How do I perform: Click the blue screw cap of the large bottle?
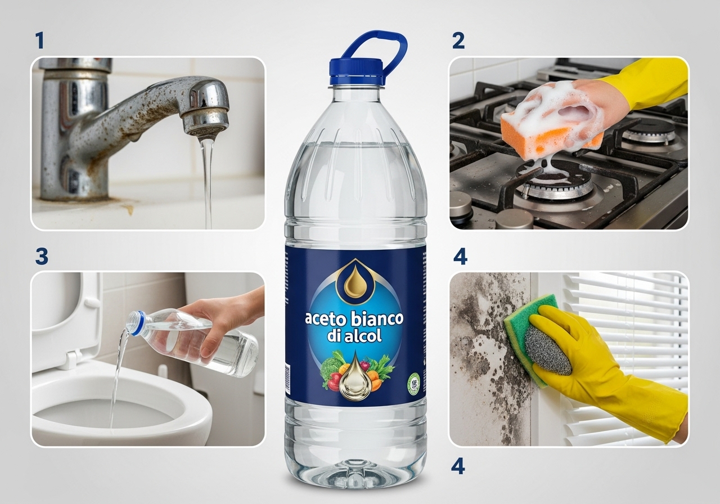coord(356,71)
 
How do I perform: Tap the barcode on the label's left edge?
coord(287,379)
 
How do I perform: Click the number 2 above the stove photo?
coord(458,40)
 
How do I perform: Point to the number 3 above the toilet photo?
coord(42,256)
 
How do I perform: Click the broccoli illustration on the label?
coord(330,366)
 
